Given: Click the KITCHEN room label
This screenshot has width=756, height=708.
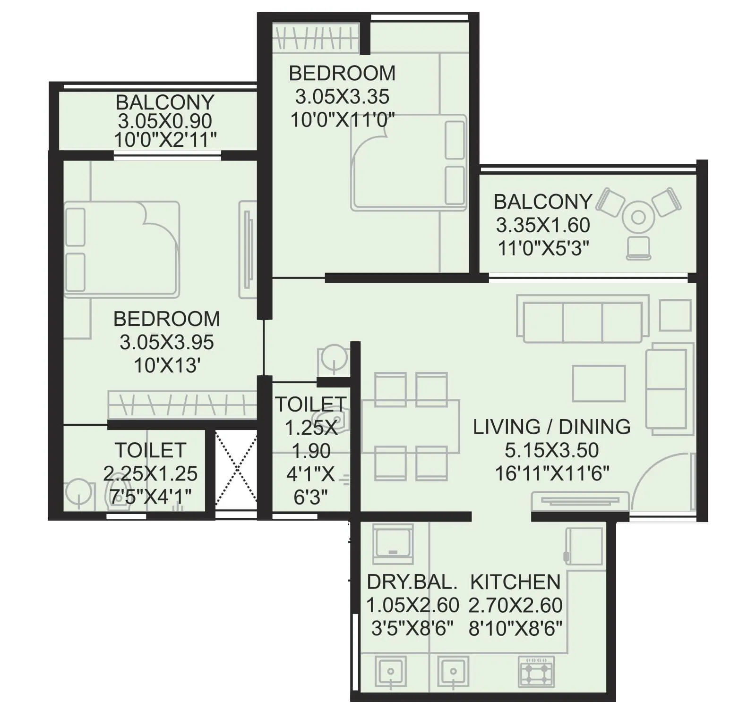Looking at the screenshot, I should (515, 582).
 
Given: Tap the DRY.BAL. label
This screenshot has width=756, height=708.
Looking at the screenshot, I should (412, 582).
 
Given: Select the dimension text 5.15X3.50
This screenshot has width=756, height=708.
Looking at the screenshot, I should (551, 450).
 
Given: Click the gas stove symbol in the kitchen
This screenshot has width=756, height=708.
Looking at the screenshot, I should (536, 671).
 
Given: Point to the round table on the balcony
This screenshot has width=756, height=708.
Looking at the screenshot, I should (638, 218).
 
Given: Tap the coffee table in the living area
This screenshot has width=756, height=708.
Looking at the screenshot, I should (599, 383).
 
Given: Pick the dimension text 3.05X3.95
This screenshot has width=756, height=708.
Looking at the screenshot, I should (166, 342).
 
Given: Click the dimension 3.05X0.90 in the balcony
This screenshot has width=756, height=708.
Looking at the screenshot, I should (165, 121).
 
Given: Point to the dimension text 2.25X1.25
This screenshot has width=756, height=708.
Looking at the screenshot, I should (150, 473).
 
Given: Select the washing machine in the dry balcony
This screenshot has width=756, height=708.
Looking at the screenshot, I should (393, 544).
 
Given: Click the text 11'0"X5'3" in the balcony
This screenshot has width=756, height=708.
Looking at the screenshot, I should (543, 248).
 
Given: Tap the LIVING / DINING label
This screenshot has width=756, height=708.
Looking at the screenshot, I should (551, 427).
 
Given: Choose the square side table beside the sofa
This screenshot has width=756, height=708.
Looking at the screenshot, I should (675, 315).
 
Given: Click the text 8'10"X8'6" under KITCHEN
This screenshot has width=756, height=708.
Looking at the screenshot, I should (515, 628).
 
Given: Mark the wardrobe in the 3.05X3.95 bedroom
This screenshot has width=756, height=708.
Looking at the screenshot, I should (182, 404).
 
